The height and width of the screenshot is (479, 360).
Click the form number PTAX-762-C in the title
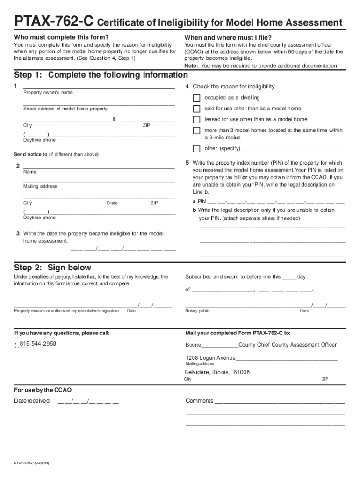(54, 22)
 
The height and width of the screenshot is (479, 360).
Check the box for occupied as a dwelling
(196, 98)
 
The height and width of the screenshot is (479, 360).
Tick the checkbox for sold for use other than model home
(196, 109)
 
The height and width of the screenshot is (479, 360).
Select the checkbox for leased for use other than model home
(196, 120)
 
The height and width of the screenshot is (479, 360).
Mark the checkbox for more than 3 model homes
(196, 131)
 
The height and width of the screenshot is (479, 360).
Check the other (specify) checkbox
(196, 149)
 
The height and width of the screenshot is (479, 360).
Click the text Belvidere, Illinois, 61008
(217, 372)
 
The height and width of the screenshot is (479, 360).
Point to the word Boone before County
(193, 345)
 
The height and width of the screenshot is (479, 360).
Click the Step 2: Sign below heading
(53, 268)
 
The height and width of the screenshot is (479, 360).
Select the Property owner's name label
(48, 93)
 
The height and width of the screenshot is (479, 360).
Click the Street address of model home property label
(65, 109)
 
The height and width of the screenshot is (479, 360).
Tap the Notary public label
(197, 311)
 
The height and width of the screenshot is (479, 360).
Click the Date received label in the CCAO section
(32, 401)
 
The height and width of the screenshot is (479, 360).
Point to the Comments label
(199, 401)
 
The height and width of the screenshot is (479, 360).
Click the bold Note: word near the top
(191, 66)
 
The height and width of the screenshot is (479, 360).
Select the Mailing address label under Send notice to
(40, 186)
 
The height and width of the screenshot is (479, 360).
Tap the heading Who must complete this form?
(61, 37)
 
